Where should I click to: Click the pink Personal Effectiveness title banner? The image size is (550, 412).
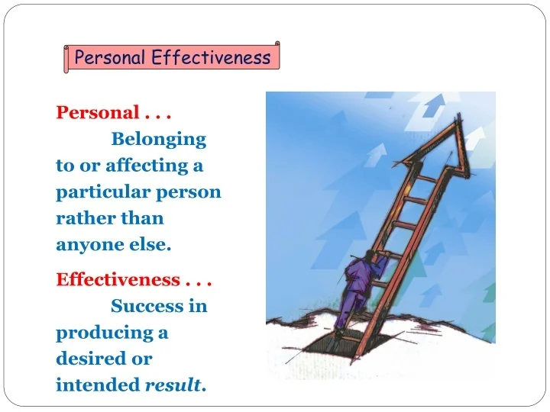tap(172, 58)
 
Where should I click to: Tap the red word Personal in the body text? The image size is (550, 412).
tap(97, 113)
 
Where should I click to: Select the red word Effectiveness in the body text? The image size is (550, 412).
tap(118, 279)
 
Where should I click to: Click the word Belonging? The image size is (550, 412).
tap(159, 140)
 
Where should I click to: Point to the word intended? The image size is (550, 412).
tap(98, 385)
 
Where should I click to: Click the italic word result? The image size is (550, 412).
tap(173, 385)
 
